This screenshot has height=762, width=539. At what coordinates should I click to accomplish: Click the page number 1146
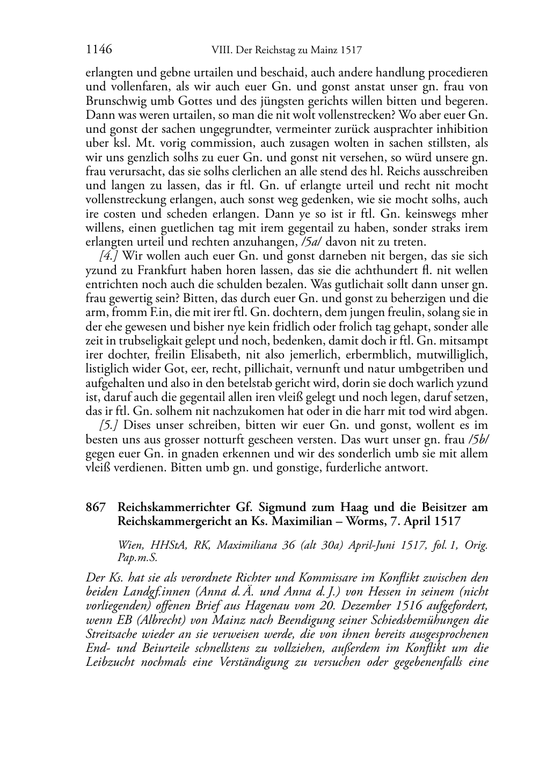click(99, 50)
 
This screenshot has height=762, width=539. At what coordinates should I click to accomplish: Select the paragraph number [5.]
click(109, 425)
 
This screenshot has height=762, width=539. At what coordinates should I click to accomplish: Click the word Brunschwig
click(113, 100)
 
